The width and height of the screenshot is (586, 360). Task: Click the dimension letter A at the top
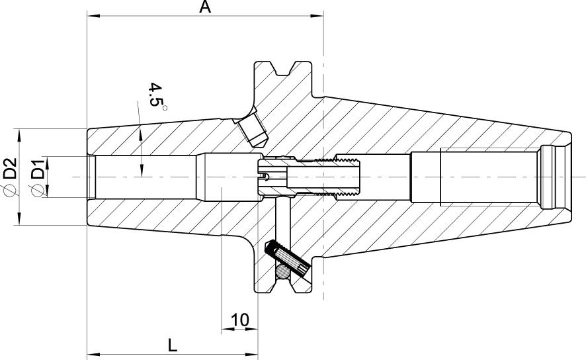(x=205, y=7)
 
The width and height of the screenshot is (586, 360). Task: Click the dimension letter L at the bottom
(x=172, y=345)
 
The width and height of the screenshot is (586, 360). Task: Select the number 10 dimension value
(x=239, y=320)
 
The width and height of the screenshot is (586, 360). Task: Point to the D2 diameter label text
(x=10, y=169)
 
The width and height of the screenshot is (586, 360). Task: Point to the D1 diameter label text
(x=38, y=169)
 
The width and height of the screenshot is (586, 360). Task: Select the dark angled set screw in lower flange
(x=284, y=258)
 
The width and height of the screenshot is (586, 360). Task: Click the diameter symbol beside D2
(x=10, y=191)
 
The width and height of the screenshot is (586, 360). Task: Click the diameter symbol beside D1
(x=38, y=191)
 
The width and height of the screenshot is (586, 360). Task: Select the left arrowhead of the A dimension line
(x=93, y=15)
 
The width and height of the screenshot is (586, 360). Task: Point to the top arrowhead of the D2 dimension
(x=19, y=132)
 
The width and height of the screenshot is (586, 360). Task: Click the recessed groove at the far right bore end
(x=548, y=177)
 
